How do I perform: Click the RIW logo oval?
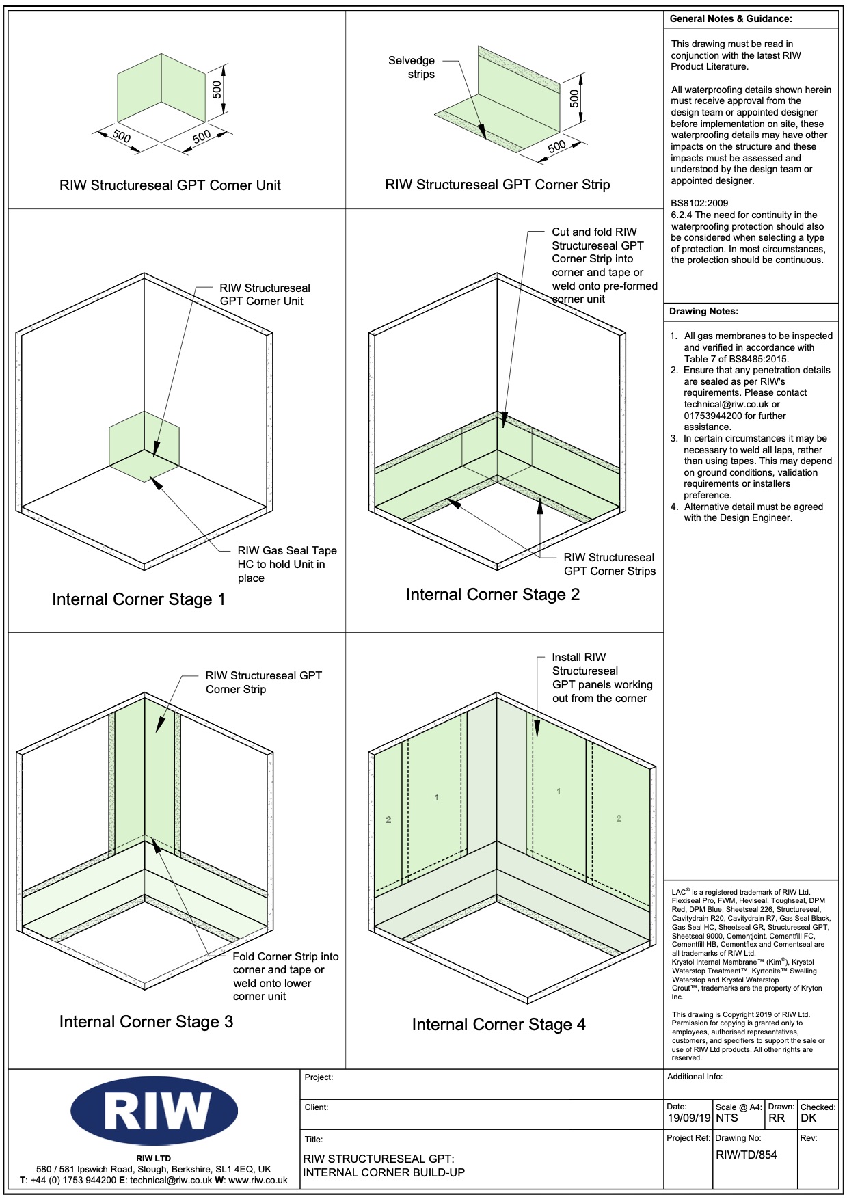154,1111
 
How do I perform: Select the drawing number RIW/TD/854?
747,1155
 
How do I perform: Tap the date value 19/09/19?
689,1118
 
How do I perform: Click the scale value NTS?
727,1118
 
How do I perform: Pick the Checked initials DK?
808,1118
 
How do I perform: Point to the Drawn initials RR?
777,1118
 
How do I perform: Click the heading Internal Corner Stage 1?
138,599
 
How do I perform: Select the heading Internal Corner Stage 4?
498,1024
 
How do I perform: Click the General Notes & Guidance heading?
731,19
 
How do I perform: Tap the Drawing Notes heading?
703,311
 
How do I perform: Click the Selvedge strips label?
412,67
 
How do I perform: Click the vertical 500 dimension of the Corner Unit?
217,90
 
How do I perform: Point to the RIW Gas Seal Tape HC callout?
286,564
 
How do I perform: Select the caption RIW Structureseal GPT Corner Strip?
497,185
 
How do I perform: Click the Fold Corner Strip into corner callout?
285,976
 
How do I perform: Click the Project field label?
319,1077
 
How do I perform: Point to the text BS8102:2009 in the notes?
699,203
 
